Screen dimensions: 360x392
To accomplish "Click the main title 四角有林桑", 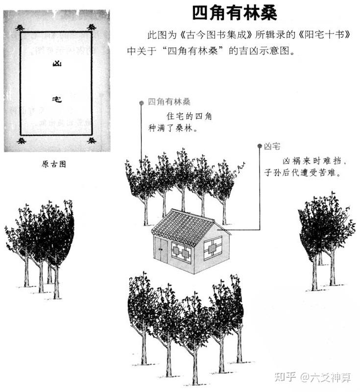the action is pyautogui.click(x=235, y=13).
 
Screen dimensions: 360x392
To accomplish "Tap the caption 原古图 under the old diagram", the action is pyautogui.click(x=54, y=164).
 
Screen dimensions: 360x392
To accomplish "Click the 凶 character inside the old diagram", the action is pyautogui.click(x=57, y=64).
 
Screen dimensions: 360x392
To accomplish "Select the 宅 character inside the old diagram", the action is pyautogui.click(x=57, y=99).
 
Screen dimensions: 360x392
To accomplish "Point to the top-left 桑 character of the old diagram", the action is pyautogui.click(x=20, y=28).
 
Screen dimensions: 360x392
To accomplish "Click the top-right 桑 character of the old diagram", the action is pyautogui.click(x=92, y=27).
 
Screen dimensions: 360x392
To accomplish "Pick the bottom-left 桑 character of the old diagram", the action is pyautogui.click(x=22, y=141).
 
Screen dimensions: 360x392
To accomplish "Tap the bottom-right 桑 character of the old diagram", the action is pyautogui.click(x=92, y=140).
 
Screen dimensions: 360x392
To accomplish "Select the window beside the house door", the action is pyautogui.click(x=181, y=252).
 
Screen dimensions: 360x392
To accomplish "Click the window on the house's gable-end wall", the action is pyautogui.click(x=213, y=248).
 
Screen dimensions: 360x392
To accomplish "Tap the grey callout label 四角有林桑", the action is pyautogui.click(x=169, y=102).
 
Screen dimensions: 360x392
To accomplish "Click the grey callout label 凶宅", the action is pyautogui.click(x=272, y=146).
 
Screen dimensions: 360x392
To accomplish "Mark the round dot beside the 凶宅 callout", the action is pyautogui.click(x=260, y=146).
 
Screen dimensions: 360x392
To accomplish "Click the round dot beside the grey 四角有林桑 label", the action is pyautogui.click(x=142, y=103).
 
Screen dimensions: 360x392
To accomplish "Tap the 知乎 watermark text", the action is pyautogui.click(x=285, y=377).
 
